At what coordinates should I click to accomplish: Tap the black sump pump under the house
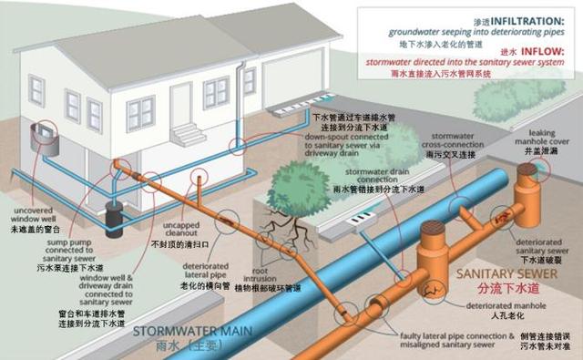116,219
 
